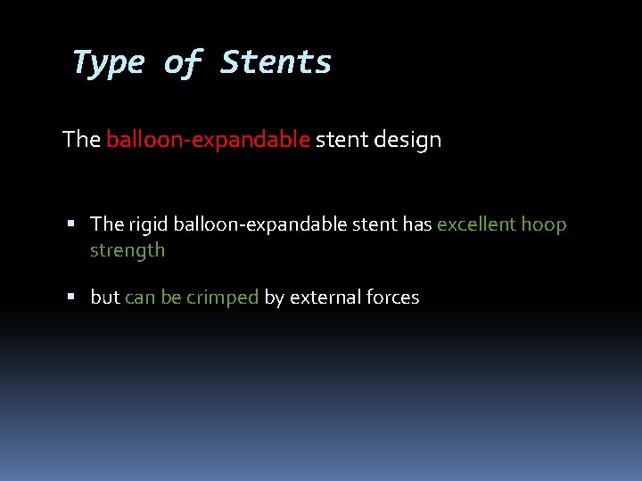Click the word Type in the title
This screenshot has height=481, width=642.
click(x=108, y=63)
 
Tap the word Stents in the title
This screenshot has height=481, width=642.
click(x=276, y=63)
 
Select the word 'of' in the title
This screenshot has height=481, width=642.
click(x=183, y=63)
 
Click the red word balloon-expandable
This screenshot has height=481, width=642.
click(x=208, y=140)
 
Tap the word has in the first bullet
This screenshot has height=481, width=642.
click(x=416, y=224)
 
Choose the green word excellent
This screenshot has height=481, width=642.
click(x=476, y=224)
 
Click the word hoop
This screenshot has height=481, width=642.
click(x=544, y=224)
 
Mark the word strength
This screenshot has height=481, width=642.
click(x=128, y=250)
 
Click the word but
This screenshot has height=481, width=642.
click(x=105, y=298)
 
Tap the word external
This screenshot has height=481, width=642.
click(x=322, y=298)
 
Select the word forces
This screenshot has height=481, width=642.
click(x=390, y=298)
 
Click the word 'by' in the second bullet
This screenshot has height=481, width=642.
click(x=274, y=298)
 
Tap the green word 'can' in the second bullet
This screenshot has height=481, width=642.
click(x=140, y=298)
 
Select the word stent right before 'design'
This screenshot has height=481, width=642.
click(x=341, y=140)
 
